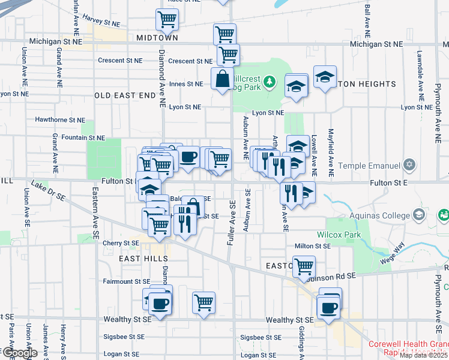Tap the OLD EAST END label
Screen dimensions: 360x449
coord(125,95)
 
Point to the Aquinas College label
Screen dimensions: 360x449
coord(378,215)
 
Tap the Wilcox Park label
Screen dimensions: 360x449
coord(339,235)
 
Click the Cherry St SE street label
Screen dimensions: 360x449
coord(122,243)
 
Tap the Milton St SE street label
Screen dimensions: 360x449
coord(313,246)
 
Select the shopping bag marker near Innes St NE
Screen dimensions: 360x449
coord(222,79)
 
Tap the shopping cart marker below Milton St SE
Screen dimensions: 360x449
coord(304,265)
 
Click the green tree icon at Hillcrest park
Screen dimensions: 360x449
coord(270,80)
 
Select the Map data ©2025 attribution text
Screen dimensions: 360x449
coord(423,355)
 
